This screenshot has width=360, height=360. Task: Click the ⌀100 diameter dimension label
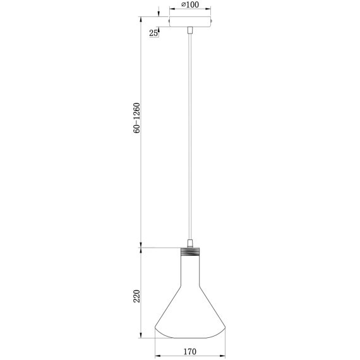190,4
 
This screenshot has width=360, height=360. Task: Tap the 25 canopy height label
153,33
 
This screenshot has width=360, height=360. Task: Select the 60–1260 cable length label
137,118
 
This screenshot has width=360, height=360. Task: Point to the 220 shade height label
137,296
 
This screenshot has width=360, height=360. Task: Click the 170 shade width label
190,352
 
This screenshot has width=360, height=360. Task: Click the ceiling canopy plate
190,21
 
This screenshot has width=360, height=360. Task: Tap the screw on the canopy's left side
169,21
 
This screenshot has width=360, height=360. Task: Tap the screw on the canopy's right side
212,21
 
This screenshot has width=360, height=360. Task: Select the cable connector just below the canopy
190,30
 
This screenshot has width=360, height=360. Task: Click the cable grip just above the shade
190,243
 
